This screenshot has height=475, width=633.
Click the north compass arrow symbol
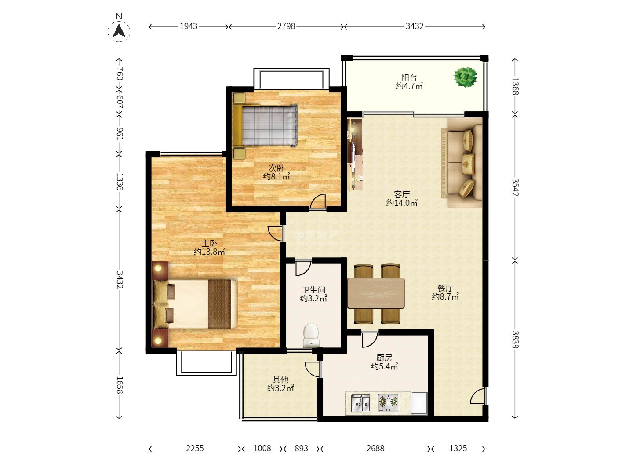119,31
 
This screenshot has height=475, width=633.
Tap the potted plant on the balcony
465,77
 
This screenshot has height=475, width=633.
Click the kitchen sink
360,403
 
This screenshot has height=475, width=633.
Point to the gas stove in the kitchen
388,402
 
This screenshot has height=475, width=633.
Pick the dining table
376,293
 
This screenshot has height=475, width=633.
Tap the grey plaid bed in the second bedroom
269,126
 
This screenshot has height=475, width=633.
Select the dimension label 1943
189,26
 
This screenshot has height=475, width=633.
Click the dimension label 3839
515,340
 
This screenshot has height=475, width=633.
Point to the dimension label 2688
375,449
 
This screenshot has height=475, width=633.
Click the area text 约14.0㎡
402,203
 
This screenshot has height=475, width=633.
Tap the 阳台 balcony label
409,77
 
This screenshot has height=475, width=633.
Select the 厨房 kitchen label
384,358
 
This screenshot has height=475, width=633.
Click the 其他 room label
280,380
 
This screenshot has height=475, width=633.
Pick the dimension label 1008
262,449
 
